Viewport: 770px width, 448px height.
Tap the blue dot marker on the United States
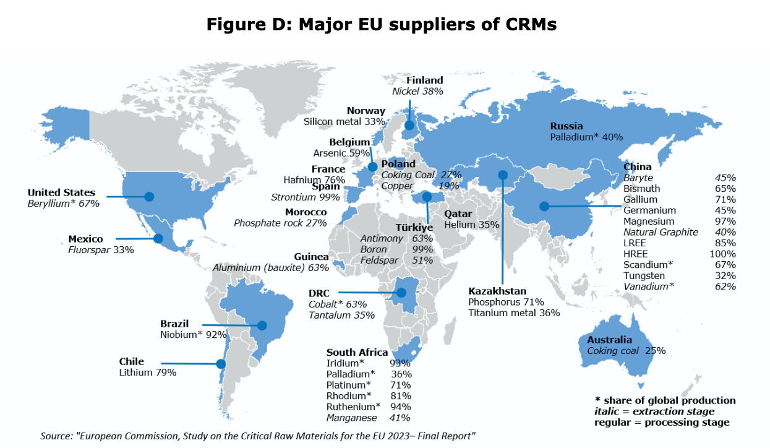click(x=148, y=197)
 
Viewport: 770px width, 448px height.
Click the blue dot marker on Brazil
click(x=262, y=325)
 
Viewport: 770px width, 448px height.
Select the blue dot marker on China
click(x=544, y=206)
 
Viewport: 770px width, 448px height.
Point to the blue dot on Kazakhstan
click(x=503, y=174)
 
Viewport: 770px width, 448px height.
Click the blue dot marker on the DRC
click(x=400, y=292)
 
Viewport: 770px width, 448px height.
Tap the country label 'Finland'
click(x=424, y=80)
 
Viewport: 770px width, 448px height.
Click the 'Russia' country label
click(x=567, y=126)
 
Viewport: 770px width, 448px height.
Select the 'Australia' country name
click(x=609, y=340)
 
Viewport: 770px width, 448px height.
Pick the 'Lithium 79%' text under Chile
click(x=148, y=373)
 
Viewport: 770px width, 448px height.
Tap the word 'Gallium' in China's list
click(x=641, y=199)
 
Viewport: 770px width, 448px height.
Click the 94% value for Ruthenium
click(x=401, y=407)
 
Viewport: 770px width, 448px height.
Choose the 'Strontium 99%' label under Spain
click(x=306, y=197)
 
